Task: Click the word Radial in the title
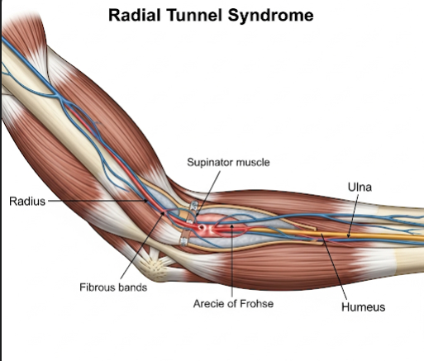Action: point(134,15)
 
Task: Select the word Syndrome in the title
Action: point(270,16)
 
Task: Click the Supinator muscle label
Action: point(228,162)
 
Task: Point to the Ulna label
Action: point(360,187)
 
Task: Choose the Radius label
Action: point(27,202)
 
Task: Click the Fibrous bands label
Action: point(113,287)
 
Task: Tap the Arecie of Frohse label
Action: point(233,303)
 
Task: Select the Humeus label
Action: point(363,307)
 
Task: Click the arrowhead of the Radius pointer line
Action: point(146,201)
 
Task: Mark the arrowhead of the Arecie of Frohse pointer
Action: point(232,226)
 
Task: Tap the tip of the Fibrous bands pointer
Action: point(164,213)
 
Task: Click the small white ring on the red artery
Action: point(202,228)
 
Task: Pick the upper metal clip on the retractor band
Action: point(194,206)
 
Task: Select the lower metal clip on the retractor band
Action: point(183,242)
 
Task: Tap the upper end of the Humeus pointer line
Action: point(322,234)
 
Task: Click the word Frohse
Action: point(256,303)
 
